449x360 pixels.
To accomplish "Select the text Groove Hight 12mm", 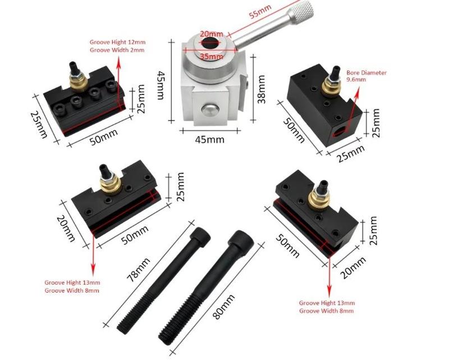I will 117,42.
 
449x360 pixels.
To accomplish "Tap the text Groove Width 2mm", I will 117,50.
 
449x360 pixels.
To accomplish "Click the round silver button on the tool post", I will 210,108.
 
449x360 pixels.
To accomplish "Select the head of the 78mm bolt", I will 200,235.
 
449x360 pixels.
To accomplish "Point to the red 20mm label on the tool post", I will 212,34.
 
